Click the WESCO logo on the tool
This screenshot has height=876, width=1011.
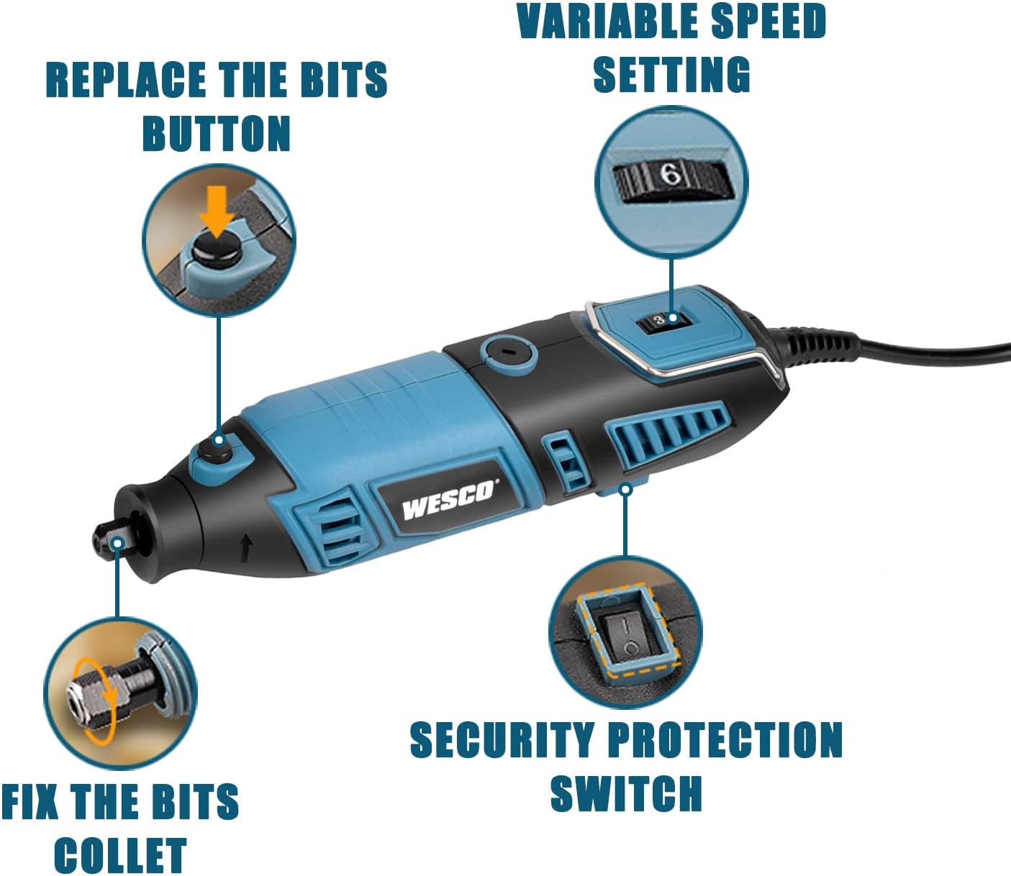click(448, 501)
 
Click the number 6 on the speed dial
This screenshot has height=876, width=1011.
click(671, 175)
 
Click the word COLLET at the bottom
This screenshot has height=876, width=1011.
click(120, 854)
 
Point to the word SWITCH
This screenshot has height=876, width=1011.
click(626, 794)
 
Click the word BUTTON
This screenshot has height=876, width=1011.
click(217, 133)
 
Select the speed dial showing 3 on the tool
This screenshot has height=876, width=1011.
click(664, 321)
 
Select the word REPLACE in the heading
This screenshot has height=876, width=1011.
click(127, 80)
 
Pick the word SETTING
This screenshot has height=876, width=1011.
click(671, 74)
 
